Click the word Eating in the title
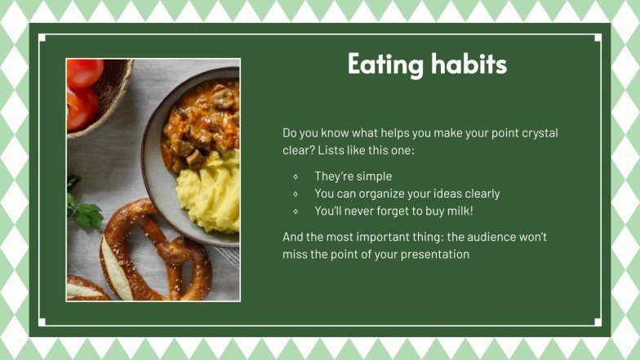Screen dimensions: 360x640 click(377, 64)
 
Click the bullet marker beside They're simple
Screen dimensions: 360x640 click(295, 176)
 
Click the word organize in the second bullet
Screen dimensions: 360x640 click(387, 194)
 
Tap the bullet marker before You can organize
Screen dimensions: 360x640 click(295, 194)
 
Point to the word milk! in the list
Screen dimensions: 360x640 click(457, 211)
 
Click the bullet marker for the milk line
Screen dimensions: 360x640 click(295, 211)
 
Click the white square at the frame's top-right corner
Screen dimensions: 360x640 click(598, 38)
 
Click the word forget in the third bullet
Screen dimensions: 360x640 click(395, 211)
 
